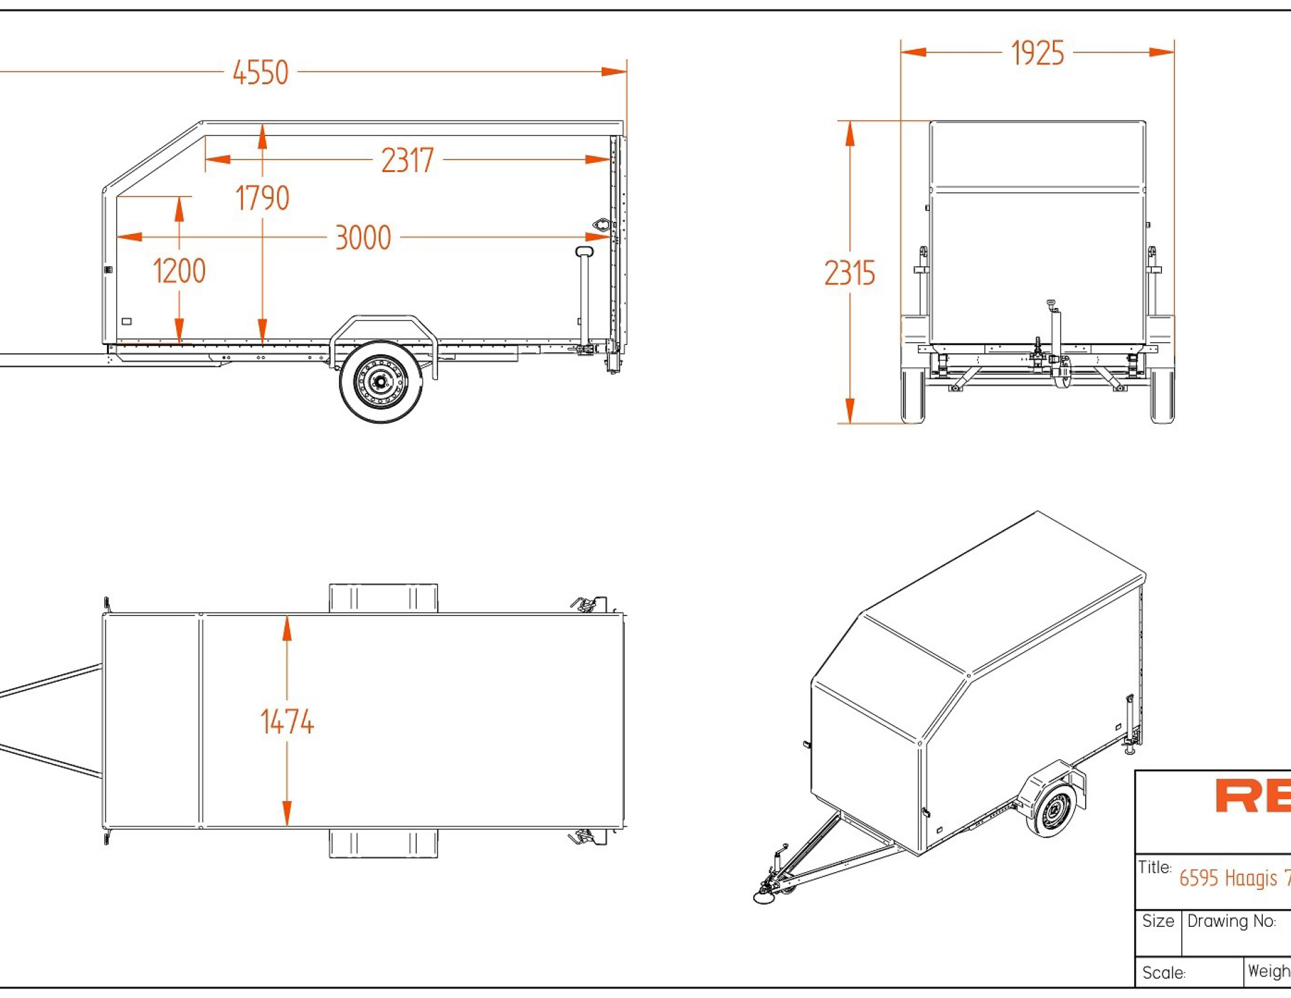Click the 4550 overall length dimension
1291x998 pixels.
click(x=260, y=73)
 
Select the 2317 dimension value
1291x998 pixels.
click(x=407, y=161)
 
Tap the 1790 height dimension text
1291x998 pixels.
click(x=262, y=198)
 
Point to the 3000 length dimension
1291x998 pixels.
click(x=363, y=238)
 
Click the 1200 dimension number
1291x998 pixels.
click(x=179, y=272)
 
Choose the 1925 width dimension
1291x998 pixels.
click(x=1038, y=54)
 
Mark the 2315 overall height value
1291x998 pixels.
click(x=850, y=274)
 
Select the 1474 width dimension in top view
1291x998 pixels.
click(x=287, y=722)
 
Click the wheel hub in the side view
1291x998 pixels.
click(x=381, y=382)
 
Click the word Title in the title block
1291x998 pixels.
click(x=1155, y=868)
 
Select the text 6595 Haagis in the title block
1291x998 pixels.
click(x=1227, y=878)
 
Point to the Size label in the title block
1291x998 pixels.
click(x=1158, y=921)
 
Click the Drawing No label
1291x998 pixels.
click(x=1231, y=921)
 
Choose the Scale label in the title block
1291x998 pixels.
click(x=1164, y=973)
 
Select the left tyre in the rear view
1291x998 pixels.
click(x=912, y=395)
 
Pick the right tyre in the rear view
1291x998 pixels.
click(x=1162, y=395)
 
